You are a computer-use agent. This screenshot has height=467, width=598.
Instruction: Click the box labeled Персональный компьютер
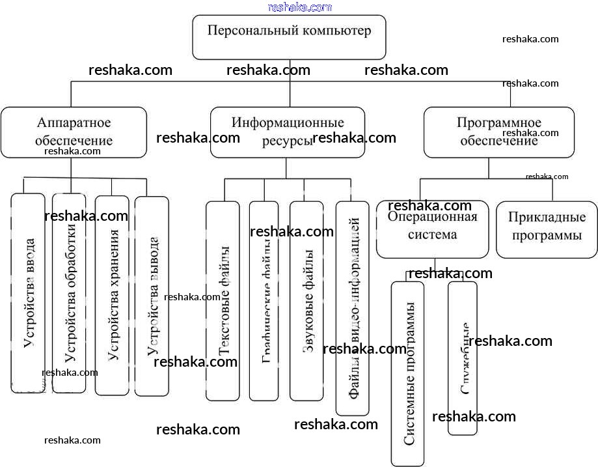pos(290,37)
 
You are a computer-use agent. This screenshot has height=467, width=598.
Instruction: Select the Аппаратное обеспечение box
pos(74,132)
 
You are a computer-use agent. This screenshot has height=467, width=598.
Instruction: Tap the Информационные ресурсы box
pos(288,132)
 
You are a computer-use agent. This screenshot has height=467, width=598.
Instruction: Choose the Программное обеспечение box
pos(499,132)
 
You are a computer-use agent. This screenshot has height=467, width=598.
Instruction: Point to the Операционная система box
pos(432,229)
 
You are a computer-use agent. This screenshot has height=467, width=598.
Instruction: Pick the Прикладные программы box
pos(547,229)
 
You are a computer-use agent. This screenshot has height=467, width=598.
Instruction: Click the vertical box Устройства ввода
pos(29,293)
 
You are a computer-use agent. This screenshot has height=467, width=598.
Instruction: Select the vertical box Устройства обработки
pos(69,293)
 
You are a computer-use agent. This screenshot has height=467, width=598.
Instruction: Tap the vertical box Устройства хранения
pos(112,296)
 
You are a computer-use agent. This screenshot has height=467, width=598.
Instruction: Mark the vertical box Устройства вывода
pos(152,296)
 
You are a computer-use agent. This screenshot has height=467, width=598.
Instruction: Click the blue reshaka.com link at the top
pos(299,7)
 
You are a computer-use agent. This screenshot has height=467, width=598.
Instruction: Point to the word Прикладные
pos(547,218)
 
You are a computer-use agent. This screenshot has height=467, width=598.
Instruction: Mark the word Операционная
pos(432,218)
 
